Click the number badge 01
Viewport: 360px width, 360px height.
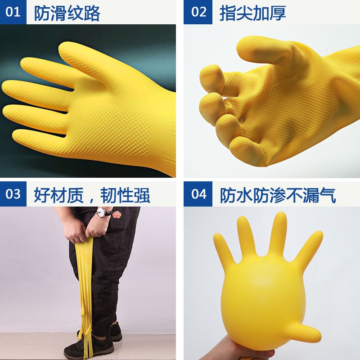click(x=13, y=12)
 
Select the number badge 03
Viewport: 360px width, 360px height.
click(x=13, y=194)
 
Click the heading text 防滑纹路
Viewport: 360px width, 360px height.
click(x=67, y=13)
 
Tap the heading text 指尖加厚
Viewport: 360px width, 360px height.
click(x=252, y=13)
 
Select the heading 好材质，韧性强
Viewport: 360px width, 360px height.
click(x=92, y=195)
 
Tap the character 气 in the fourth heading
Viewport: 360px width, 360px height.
click(x=327, y=195)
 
